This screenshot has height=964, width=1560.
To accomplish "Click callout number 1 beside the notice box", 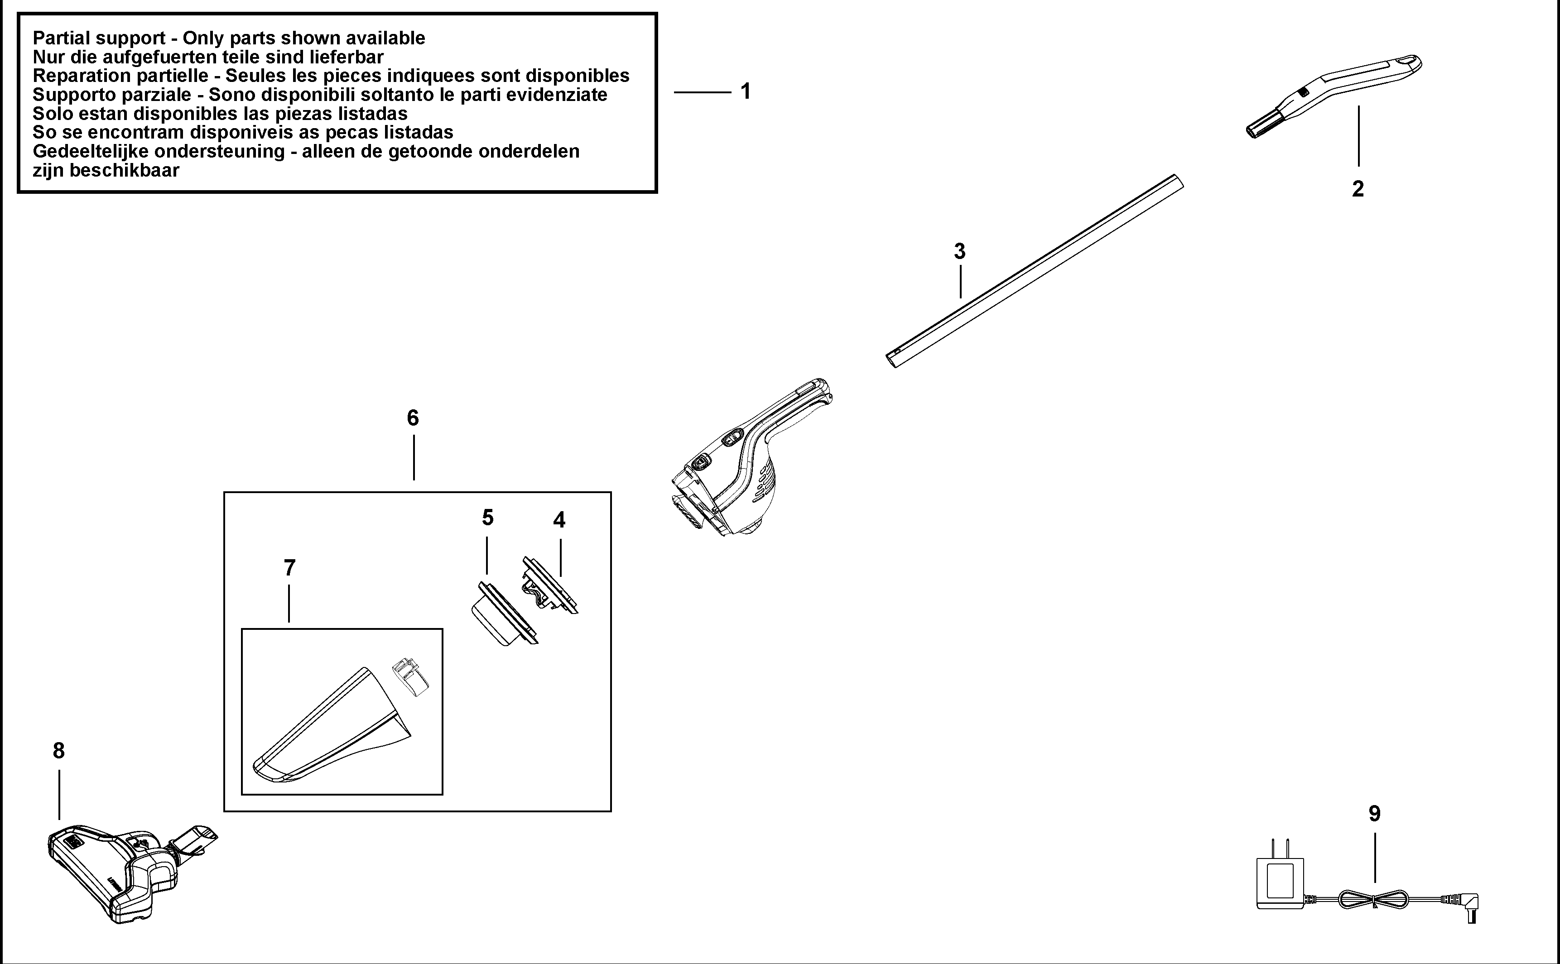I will pos(745,92).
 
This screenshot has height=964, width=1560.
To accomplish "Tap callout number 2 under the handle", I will pos(1358,189).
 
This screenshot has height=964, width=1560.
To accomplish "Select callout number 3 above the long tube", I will pos(959,252).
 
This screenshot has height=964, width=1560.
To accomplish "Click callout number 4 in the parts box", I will pos(559,520).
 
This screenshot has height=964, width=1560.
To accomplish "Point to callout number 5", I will pos(487,518).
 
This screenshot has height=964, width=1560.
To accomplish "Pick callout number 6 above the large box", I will pos(413,418).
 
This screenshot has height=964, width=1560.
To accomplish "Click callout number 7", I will pos(289,567).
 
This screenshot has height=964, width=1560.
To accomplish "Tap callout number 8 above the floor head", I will pos(59,751).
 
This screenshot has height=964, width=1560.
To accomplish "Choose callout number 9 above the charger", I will pos(1374,814).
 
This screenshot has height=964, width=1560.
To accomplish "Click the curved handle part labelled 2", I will pos(1333,94).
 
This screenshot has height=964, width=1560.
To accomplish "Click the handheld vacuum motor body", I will pos(746,465).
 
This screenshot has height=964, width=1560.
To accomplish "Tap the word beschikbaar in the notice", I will pos(125,170).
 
